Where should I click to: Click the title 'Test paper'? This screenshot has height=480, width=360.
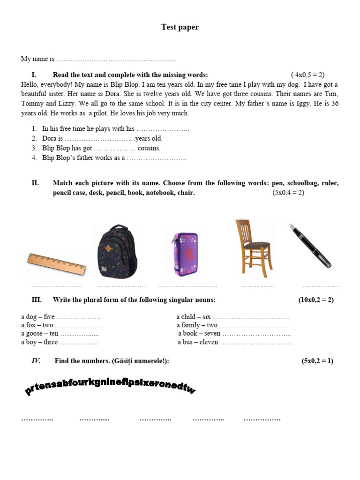[x=180, y=27]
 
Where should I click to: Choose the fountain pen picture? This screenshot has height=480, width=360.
[x=309, y=245]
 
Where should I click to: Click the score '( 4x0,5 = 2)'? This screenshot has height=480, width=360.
[x=307, y=75]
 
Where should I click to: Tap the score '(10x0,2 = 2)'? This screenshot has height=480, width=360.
[x=316, y=300]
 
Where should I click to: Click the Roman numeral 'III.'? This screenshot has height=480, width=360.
[x=37, y=300]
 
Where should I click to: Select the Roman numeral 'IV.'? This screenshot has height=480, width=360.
[x=36, y=361]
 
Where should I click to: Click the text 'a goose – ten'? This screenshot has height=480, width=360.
[x=40, y=334]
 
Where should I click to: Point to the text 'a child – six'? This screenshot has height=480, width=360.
[x=194, y=317]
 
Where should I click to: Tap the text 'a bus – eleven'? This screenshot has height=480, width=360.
[x=198, y=342]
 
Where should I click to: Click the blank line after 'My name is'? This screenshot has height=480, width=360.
[x=116, y=60]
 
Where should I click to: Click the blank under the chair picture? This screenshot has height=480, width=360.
[x=257, y=285]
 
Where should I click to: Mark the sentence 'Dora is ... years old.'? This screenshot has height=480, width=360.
[x=102, y=139]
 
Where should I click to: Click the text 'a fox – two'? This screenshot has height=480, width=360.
[x=37, y=325]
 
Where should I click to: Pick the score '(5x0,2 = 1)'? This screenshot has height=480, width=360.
[x=317, y=361]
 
